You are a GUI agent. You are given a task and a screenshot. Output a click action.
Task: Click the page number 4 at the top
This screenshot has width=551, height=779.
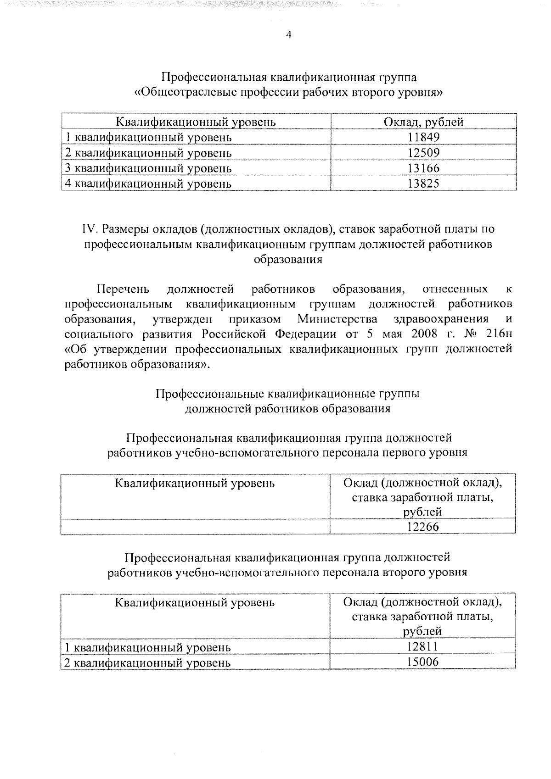288,36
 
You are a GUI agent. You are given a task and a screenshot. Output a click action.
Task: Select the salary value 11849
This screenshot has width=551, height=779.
424,137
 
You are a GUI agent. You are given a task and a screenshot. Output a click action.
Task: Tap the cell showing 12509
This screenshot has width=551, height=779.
424,153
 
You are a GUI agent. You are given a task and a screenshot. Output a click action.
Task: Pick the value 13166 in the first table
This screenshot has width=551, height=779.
424,168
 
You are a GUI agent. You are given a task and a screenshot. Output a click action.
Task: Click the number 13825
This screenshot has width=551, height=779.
424,184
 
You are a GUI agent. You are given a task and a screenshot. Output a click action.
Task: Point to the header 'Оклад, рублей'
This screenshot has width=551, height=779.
423,122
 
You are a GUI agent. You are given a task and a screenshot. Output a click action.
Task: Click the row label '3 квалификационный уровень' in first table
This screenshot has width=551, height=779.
148,168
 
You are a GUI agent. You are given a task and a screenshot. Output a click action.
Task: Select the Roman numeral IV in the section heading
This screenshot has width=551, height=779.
88,228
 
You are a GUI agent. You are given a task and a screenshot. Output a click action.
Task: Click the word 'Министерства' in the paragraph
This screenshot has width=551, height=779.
337,319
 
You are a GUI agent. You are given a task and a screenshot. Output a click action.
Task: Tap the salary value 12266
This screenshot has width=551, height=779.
423,527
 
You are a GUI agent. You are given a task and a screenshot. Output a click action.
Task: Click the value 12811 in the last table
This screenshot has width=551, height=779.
422,647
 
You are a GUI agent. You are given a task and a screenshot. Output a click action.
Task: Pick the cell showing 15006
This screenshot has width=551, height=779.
422,662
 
